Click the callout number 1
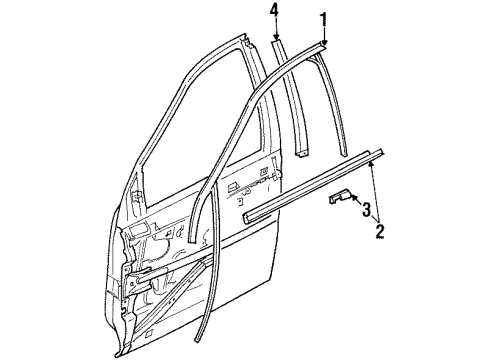[322, 17]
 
